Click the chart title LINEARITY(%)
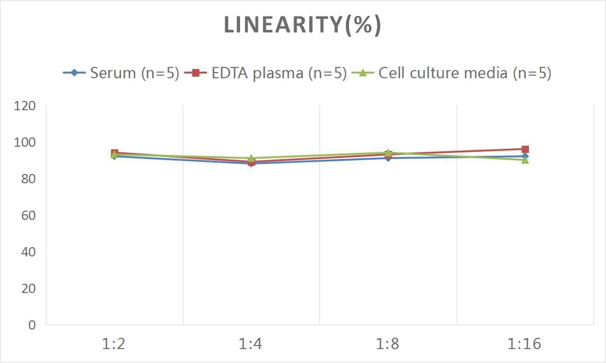303,25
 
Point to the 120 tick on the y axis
25,106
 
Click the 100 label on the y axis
25,143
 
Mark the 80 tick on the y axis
28,179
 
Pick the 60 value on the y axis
28,215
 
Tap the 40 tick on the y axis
28,252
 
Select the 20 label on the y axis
28,288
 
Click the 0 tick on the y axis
32,325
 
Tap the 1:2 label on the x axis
114,343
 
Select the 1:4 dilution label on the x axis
251,343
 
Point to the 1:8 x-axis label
388,343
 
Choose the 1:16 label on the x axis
525,343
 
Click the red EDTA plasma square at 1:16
525,149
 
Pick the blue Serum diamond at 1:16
525,156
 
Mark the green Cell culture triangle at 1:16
525,160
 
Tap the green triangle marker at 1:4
251,158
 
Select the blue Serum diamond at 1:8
388,158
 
